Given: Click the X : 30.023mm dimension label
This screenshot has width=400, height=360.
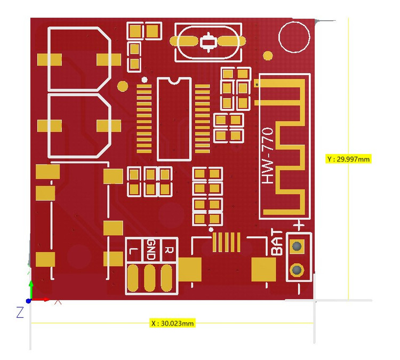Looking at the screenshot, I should pyautogui.click(x=172, y=323).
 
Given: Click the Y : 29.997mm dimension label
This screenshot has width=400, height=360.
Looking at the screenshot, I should pyautogui.click(x=348, y=159).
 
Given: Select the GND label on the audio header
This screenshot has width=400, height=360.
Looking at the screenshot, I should pyautogui.click(x=151, y=249).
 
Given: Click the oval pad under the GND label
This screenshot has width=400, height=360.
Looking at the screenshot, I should pyautogui.click(x=151, y=276).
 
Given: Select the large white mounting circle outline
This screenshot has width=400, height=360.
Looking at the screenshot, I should pyautogui.click(x=293, y=37).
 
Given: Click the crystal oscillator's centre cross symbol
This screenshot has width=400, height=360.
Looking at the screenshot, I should pyautogui.click(x=207, y=42).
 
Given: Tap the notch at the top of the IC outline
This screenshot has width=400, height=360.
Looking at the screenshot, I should pyautogui.click(x=174, y=81).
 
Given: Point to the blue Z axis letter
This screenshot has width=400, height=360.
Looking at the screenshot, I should pyautogui.click(x=20, y=313).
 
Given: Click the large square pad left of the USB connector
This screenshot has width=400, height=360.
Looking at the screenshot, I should pyautogui.click(x=189, y=269).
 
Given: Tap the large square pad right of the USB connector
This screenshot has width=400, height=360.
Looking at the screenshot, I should pyautogui.click(x=264, y=269).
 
